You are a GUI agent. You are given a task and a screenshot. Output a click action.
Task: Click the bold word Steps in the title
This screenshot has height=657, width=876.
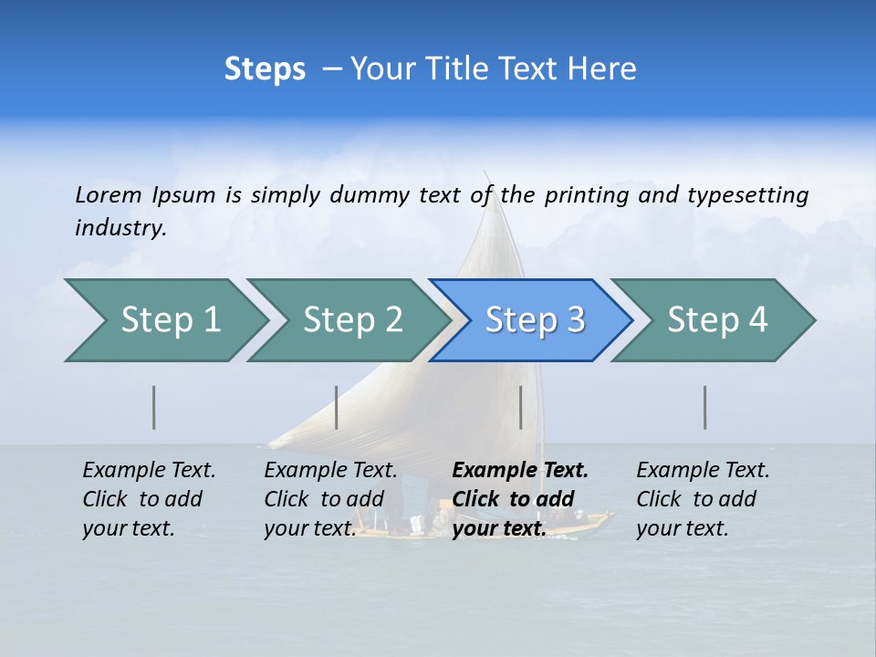pos(265,69)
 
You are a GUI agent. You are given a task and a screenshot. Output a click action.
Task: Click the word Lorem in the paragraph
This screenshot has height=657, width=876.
pos(108,194)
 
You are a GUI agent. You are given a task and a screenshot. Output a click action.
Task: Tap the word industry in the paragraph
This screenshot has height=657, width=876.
pos(120,227)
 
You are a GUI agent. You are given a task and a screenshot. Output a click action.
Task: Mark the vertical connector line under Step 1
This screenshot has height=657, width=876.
pos(154,407)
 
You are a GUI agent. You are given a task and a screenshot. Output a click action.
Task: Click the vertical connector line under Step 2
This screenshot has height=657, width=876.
pos(337,407)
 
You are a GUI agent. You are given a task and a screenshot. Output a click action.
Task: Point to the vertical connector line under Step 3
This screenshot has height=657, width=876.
pos(520,407)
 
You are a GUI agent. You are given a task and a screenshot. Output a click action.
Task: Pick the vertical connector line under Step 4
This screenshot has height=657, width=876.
pos(705,407)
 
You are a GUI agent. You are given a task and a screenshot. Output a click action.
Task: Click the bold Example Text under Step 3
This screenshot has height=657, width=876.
pos(520,471)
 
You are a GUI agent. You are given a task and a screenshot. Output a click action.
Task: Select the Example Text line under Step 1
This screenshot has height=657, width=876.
pos(149,471)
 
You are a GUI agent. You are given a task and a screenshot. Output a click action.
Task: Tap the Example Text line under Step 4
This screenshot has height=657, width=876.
pos(703,471)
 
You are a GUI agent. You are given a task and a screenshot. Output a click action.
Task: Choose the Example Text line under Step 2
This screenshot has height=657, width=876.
pos(330,471)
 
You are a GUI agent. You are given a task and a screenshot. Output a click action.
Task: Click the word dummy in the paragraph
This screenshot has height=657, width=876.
pos(370,194)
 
